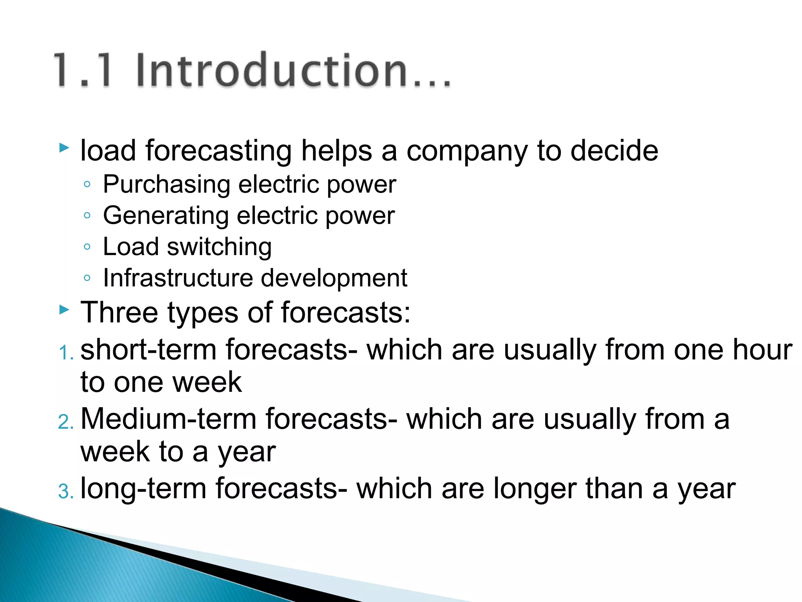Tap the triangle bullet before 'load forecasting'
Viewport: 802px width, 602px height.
point(64,148)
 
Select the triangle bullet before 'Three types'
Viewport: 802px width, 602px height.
point(64,310)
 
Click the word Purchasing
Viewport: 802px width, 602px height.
point(166,185)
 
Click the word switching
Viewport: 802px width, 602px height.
point(219,247)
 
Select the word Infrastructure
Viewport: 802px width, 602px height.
point(178,278)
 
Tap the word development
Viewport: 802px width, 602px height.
point(334,279)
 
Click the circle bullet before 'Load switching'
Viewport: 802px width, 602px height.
point(87,247)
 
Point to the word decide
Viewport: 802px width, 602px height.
point(614,150)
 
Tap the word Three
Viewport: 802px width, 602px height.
point(119,312)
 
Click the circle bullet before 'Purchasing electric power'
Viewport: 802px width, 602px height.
point(87,184)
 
